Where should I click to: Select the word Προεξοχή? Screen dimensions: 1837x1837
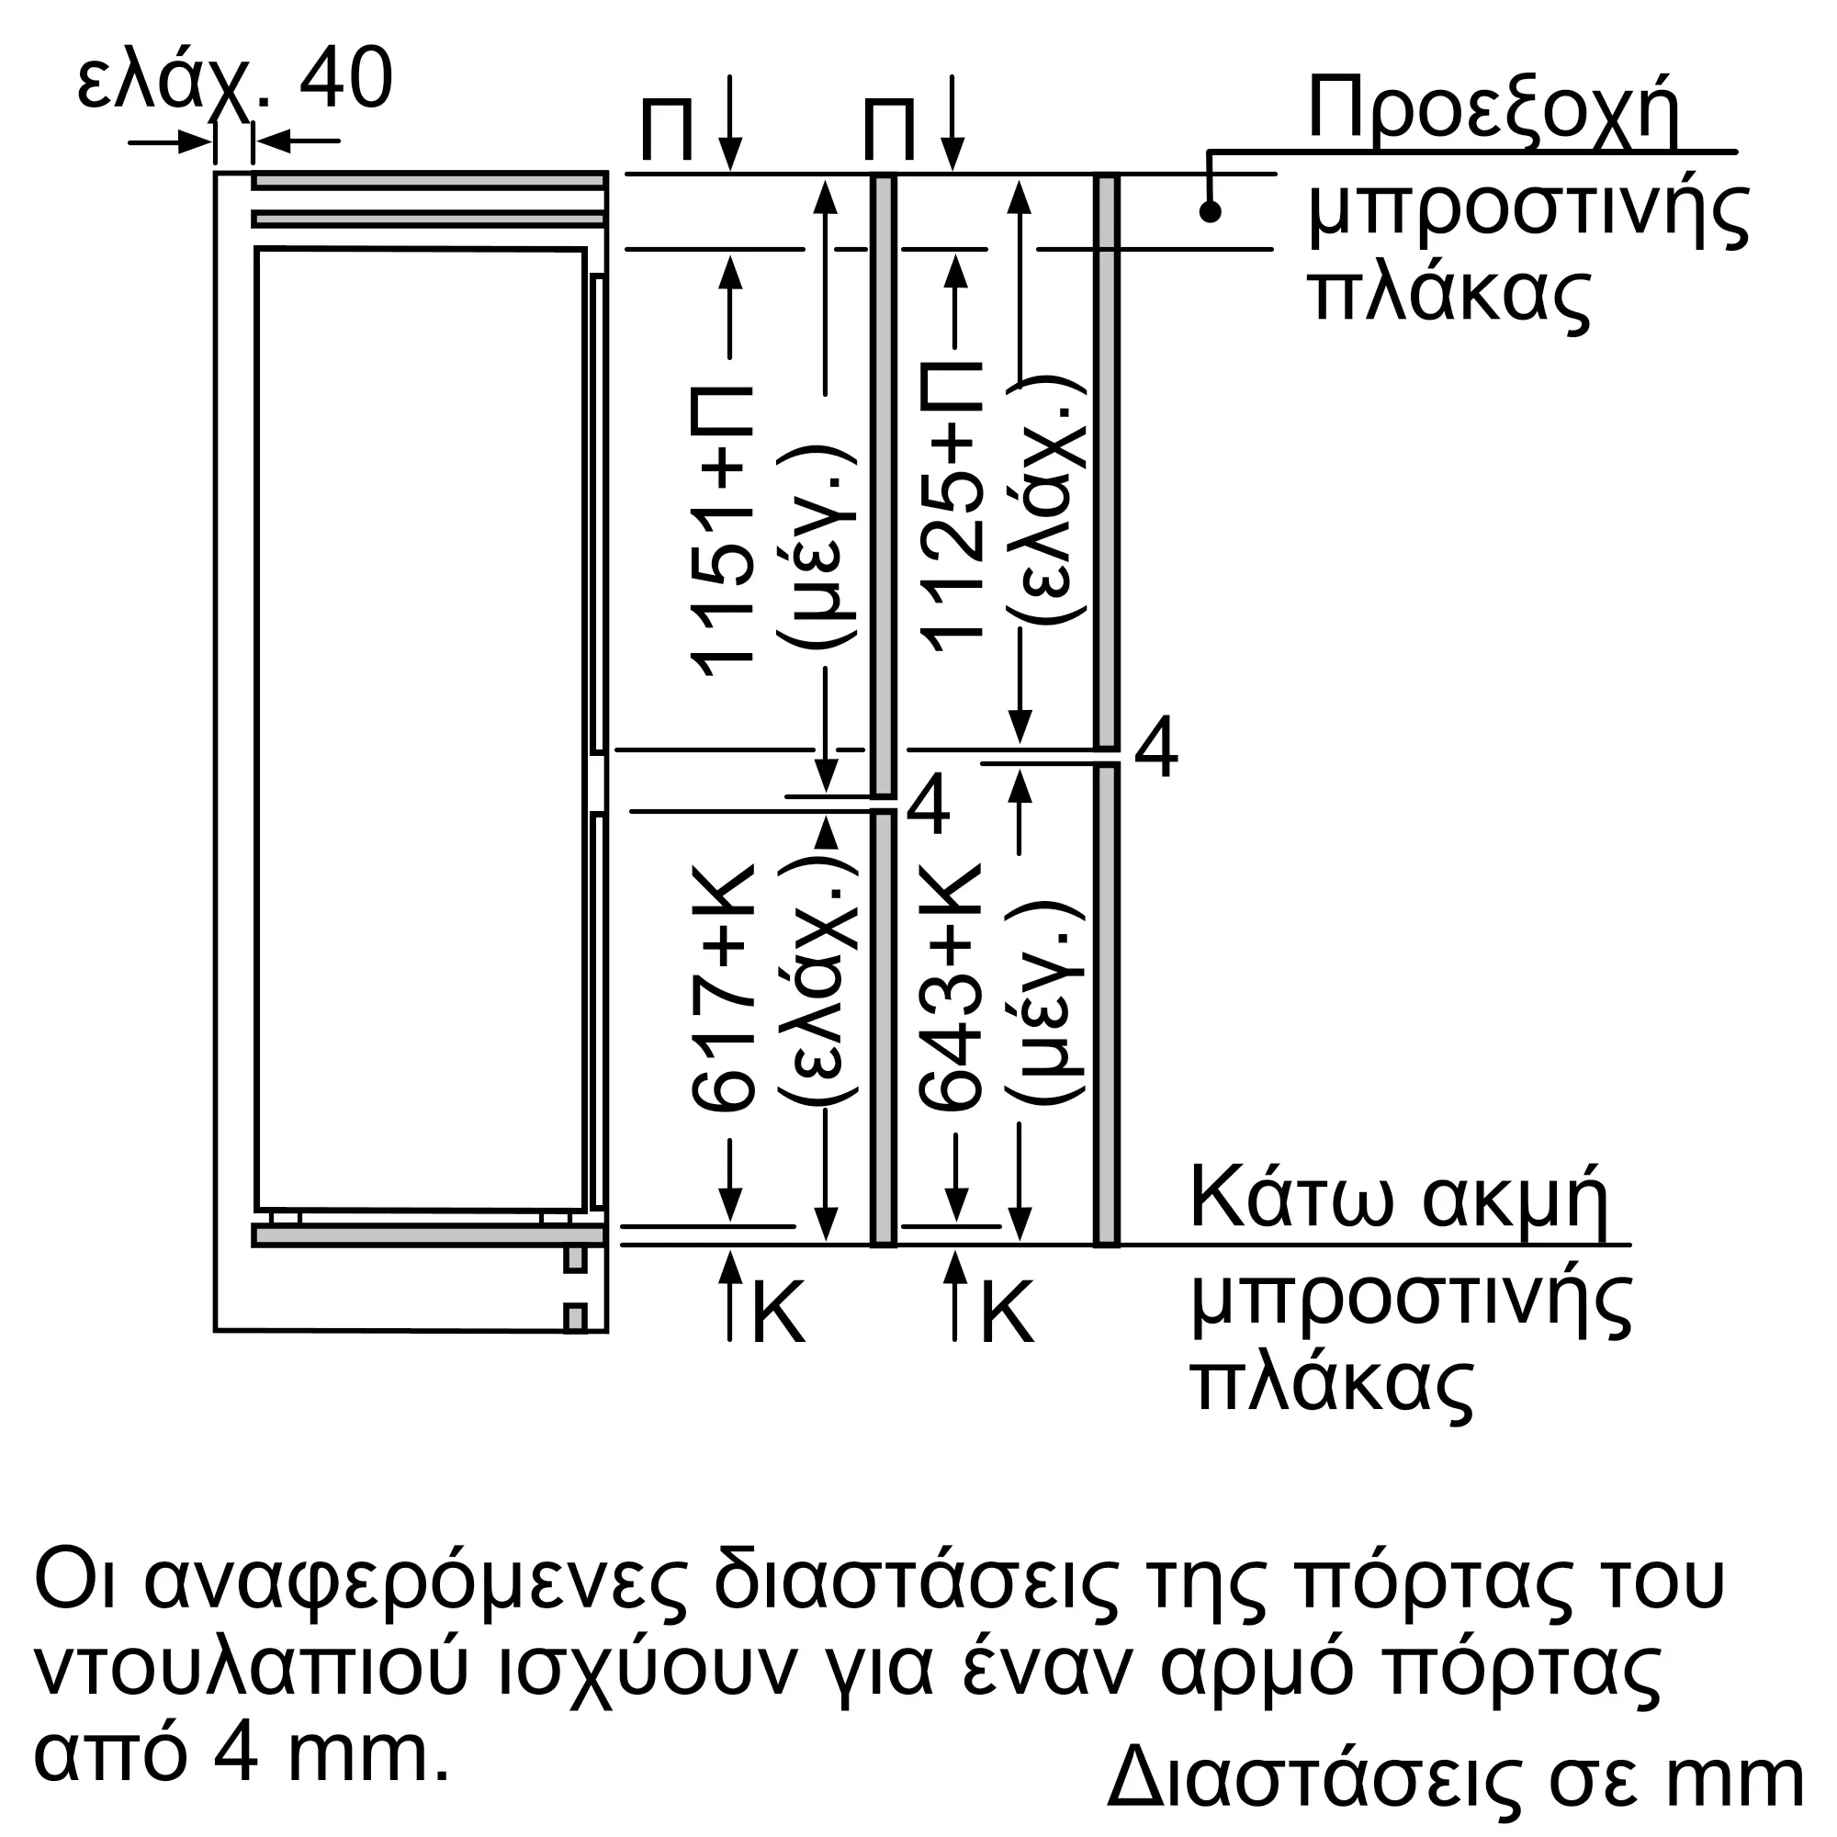pos(1493,112)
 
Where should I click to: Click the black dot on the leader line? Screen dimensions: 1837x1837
pos(1210,211)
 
